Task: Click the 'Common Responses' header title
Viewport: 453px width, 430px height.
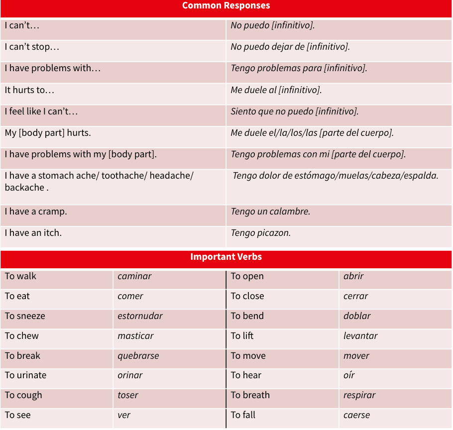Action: [226, 6]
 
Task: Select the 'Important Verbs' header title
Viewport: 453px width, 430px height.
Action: [226, 257]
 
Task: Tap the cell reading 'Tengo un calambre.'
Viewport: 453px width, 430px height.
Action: [270, 212]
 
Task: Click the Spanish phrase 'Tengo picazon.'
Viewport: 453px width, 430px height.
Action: [260, 233]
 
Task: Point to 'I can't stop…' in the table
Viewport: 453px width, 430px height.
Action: [32, 47]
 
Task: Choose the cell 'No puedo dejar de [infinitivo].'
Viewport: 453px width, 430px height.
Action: [290, 47]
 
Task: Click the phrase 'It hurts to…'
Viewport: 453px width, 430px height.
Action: [29, 90]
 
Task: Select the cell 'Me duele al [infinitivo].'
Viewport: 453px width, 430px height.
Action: [276, 90]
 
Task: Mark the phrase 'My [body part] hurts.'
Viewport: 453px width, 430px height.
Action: [48, 133]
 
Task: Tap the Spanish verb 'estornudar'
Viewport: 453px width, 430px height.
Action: [140, 316]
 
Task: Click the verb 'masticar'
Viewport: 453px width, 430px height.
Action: [135, 336]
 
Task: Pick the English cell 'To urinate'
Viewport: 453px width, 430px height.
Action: [25, 375]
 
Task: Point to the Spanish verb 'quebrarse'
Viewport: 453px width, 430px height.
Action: [138, 356]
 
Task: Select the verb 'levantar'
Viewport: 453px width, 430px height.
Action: [360, 336]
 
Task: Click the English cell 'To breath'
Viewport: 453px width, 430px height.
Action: [250, 395]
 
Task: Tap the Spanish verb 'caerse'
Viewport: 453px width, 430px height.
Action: [356, 415]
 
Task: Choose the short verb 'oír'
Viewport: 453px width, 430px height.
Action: [349, 375]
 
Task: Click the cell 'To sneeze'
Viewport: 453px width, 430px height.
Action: [25, 316]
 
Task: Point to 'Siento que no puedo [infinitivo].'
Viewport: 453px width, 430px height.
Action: [295, 111]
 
